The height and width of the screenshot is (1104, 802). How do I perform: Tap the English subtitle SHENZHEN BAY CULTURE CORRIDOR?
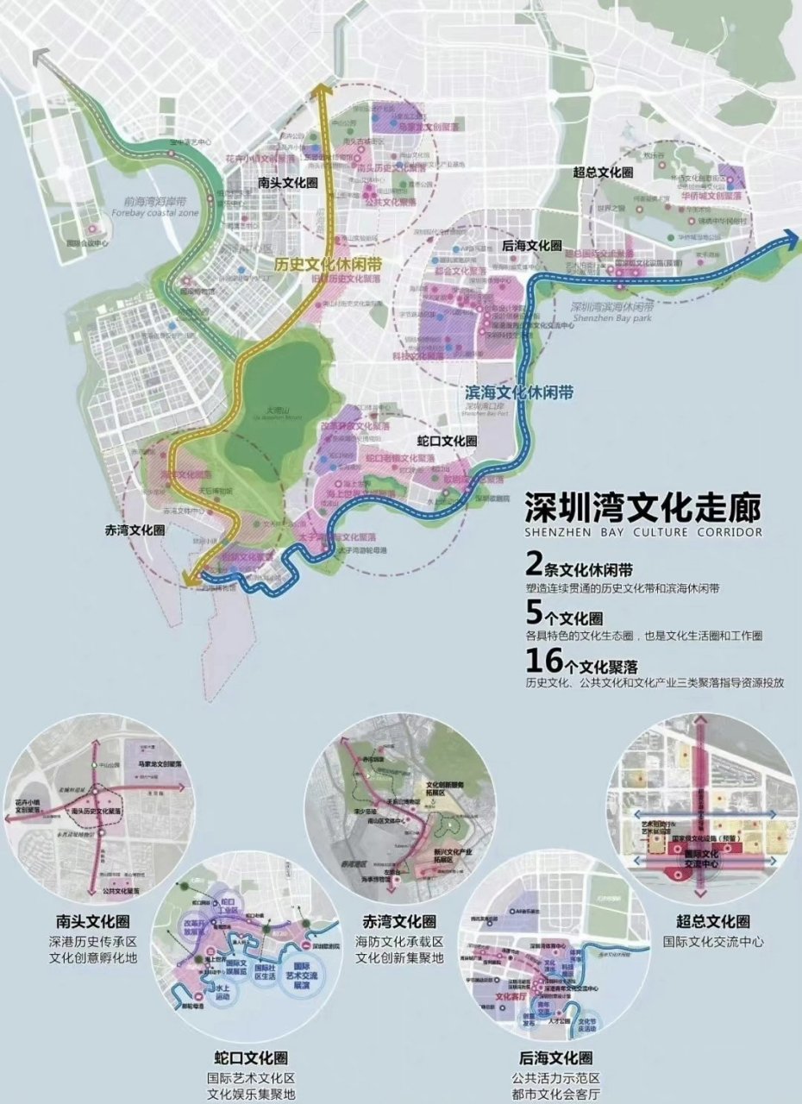pyautogui.click(x=643, y=533)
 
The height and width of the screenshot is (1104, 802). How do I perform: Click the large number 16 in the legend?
pyautogui.click(x=542, y=661)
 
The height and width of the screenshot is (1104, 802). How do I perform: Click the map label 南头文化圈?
pyautogui.click(x=289, y=183)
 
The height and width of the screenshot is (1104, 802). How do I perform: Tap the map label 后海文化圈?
pyautogui.click(x=531, y=246)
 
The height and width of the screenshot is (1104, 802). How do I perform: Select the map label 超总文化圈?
pyautogui.click(x=603, y=172)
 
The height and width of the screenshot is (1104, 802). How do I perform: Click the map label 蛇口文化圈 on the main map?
pyautogui.click(x=446, y=441)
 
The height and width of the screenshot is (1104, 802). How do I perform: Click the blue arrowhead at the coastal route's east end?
pyautogui.click(x=789, y=238)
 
